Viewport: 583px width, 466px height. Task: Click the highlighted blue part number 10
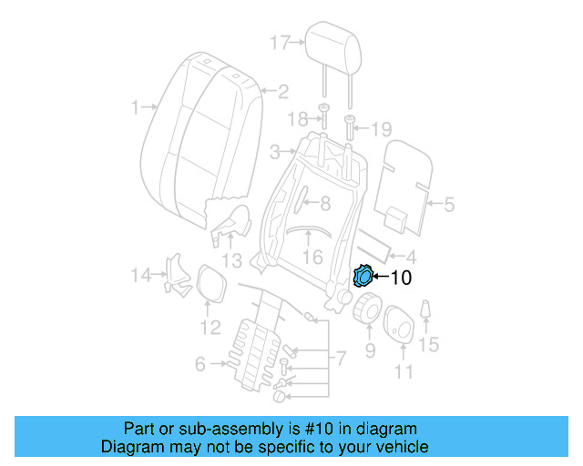pos(363,276)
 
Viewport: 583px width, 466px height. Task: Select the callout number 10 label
pos(401,279)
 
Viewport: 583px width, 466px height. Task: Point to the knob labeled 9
pos(366,309)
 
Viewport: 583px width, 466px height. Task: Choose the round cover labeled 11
pos(398,326)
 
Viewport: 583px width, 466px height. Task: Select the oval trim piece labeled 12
pos(211,281)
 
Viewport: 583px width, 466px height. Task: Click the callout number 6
pos(200,365)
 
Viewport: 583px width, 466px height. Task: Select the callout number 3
pos(274,151)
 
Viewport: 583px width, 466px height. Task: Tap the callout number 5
pos(448,206)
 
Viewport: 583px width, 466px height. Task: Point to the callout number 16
pos(312,258)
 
